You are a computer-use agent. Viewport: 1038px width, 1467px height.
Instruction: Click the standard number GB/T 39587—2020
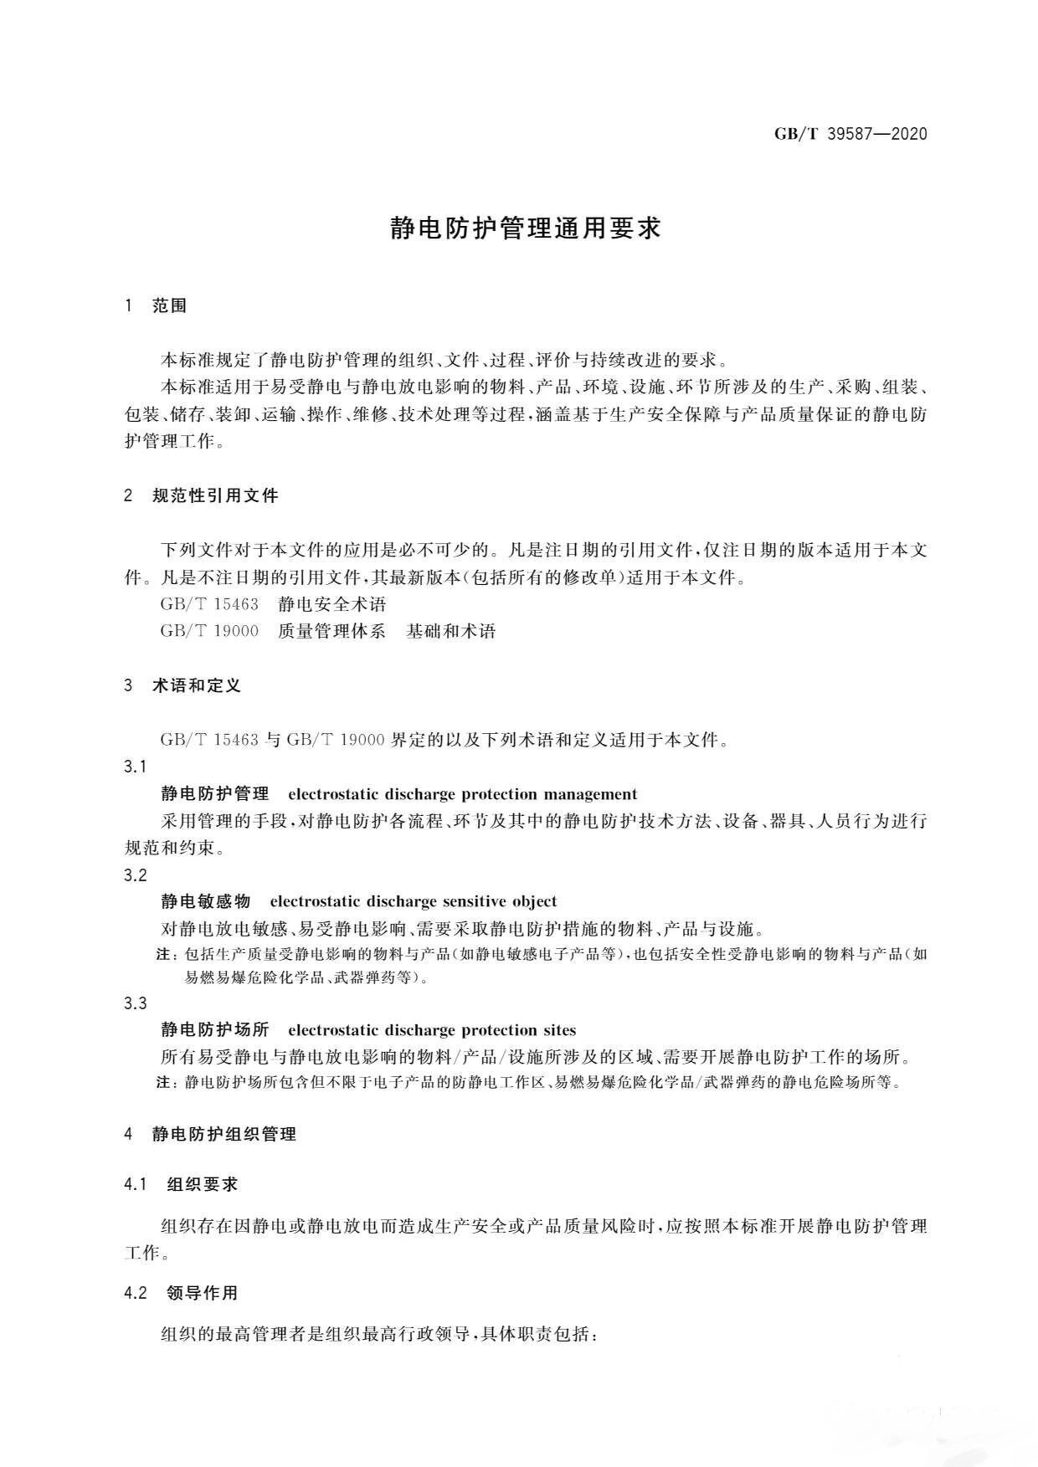click(x=850, y=134)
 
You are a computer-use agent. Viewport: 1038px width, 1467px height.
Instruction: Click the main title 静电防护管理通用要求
click(x=526, y=228)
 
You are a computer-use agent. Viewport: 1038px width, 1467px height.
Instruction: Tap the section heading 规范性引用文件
click(x=215, y=495)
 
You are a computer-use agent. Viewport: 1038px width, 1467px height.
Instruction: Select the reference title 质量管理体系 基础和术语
click(x=387, y=631)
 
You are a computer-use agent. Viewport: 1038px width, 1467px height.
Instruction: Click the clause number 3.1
click(x=136, y=767)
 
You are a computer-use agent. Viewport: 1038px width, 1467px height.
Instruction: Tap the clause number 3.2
click(x=136, y=875)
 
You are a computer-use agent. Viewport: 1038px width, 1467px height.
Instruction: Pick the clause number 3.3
click(x=136, y=1003)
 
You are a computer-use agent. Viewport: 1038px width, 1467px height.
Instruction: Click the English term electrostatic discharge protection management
click(x=462, y=794)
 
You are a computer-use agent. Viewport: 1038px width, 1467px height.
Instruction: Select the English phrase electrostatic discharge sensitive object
click(x=413, y=901)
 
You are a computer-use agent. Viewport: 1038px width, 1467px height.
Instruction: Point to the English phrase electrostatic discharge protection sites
click(x=431, y=1030)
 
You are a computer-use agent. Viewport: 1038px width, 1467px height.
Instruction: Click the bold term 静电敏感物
click(x=206, y=901)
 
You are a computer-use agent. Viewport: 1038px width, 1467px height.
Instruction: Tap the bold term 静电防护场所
click(x=215, y=1030)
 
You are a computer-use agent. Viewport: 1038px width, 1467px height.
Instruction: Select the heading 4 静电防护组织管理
click(x=210, y=1135)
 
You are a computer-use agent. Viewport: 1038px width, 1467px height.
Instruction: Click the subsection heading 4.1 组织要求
click(x=181, y=1184)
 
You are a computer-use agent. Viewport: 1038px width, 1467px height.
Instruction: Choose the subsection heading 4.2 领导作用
click(x=181, y=1293)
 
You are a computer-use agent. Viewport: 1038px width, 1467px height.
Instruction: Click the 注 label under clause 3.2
click(x=165, y=955)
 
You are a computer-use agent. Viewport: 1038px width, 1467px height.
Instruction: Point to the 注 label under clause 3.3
click(x=165, y=1083)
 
